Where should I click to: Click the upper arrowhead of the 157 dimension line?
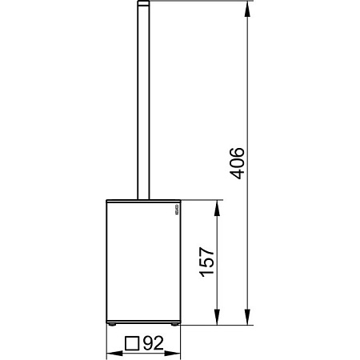coord(216,206)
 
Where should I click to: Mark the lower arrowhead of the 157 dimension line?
coord(216,320)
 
